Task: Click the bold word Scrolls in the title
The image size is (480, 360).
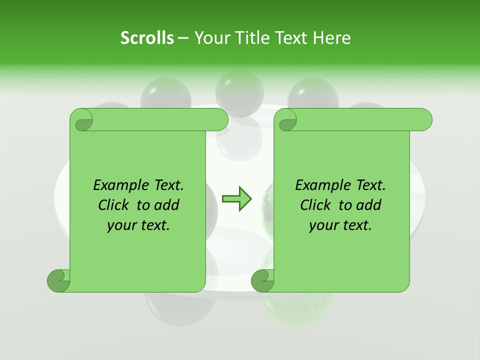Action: (147, 38)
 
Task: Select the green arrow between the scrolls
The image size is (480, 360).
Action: (236, 199)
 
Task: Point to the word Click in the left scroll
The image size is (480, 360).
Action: (113, 205)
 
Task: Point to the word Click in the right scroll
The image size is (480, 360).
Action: (315, 205)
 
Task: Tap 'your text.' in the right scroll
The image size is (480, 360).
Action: (340, 225)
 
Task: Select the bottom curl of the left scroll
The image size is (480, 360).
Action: (59, 280)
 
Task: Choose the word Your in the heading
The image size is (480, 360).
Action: (210, 38)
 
